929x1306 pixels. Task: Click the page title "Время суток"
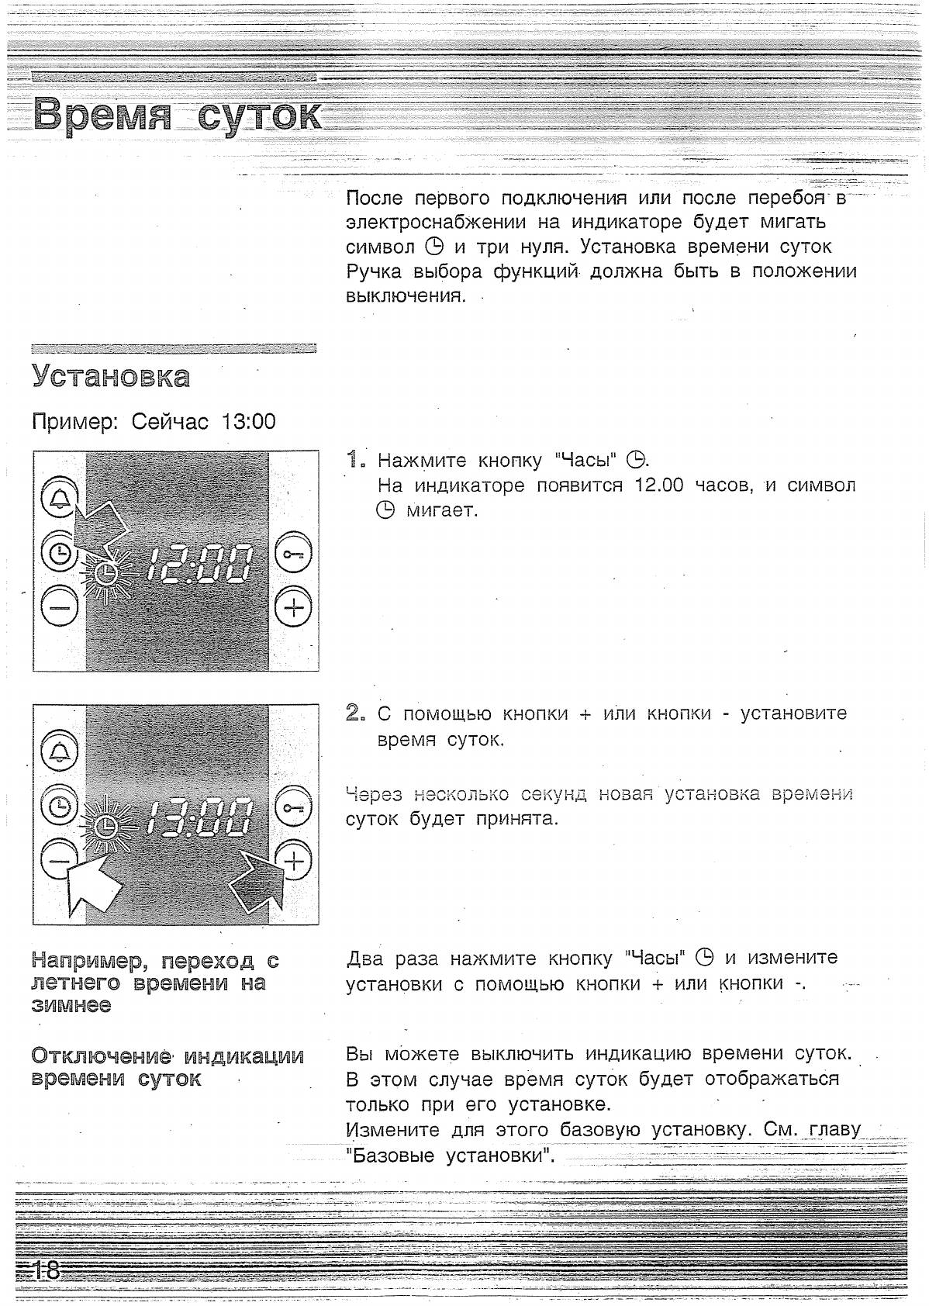(177, 115)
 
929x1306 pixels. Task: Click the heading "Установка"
(111, 377)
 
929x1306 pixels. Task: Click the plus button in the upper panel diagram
(293, 606)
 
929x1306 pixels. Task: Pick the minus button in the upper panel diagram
(59, 606)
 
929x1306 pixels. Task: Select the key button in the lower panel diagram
(293, 807)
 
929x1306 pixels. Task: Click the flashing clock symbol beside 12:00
(109, 574)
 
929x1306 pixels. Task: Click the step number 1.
(355, 459)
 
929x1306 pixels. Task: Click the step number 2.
(355, 713)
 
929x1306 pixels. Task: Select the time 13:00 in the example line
(248, 422)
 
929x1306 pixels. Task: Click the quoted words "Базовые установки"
(450, 1156)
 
